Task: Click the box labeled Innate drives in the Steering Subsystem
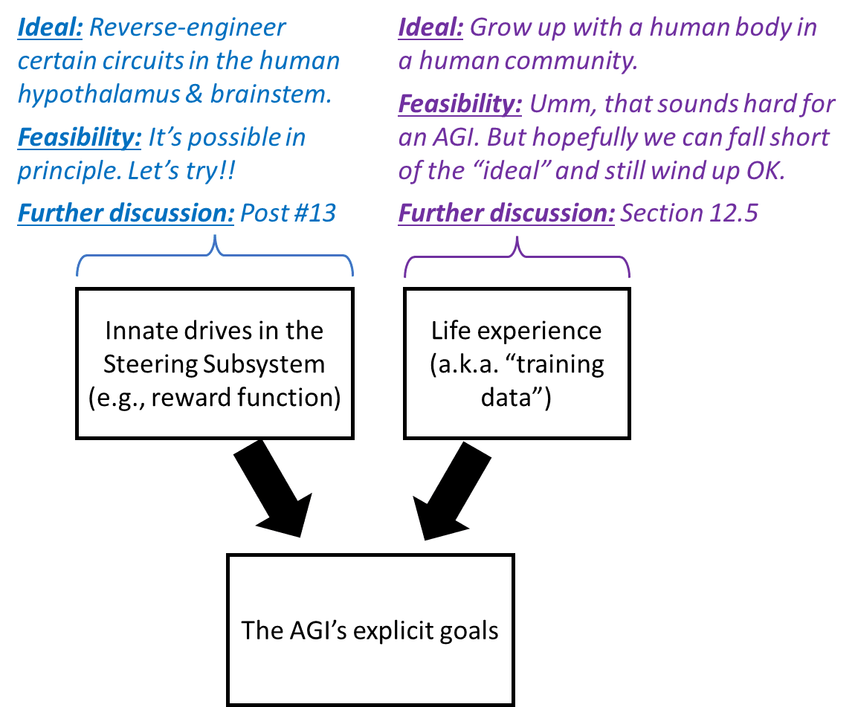(214, 363)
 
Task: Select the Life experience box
(517, 363)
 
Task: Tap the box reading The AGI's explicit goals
(370, 630)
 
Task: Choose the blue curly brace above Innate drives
(215, 256)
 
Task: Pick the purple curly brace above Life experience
(517, 256)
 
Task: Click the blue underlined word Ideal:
(51, 28)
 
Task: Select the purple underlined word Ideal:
(431, 28)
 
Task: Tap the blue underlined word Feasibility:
(80, 138)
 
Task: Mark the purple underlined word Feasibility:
(460, 105)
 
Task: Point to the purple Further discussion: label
(506, 213)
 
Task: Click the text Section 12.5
(689, 213)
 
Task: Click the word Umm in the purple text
(558, 105)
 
